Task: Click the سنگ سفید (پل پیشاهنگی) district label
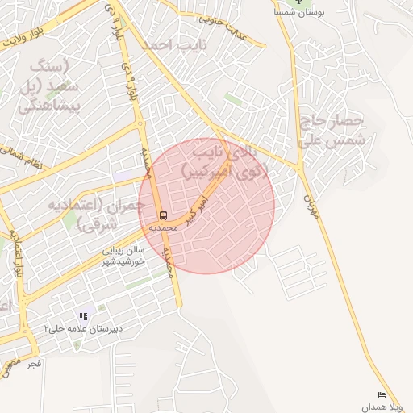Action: coord(50,83)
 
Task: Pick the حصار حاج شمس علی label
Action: coord(332,131)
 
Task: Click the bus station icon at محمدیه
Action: coord(163,215)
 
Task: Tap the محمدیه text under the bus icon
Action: coord(163,228)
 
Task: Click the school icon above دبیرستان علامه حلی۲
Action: coord(82,316)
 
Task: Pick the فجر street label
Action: coord(33,364)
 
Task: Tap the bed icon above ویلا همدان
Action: coord(382,394)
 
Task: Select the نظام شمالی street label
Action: coord(23,156)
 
